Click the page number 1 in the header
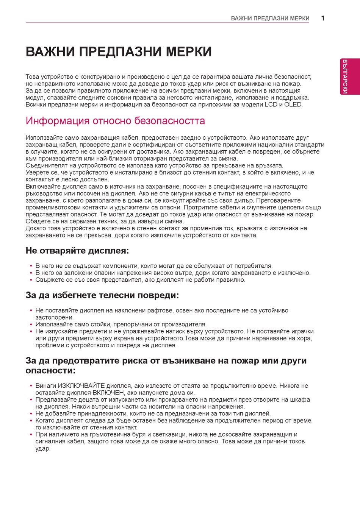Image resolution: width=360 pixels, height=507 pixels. click(x=323, y=18)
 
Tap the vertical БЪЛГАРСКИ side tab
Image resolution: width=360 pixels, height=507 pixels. click(x=345, y=76)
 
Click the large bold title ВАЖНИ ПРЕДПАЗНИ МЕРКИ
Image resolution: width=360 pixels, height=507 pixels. click(x=119, y=52)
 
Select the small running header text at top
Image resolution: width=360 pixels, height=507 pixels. click(x=270, y=19)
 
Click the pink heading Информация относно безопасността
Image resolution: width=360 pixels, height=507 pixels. click(x=115, y=121)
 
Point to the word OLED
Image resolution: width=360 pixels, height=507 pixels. click(x=293, y=105)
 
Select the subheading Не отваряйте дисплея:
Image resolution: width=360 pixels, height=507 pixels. click(x=77, y=251)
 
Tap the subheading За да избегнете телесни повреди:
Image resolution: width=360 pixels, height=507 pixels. click(x=102, y=295)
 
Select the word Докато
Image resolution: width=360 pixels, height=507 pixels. click(x=35, y=228)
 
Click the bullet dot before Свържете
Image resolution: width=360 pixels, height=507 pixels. click(x=31, y=280)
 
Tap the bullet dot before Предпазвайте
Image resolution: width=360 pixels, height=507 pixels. click(x=31, y=400)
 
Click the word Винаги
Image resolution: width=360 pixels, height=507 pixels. click(x=45, y=386)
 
